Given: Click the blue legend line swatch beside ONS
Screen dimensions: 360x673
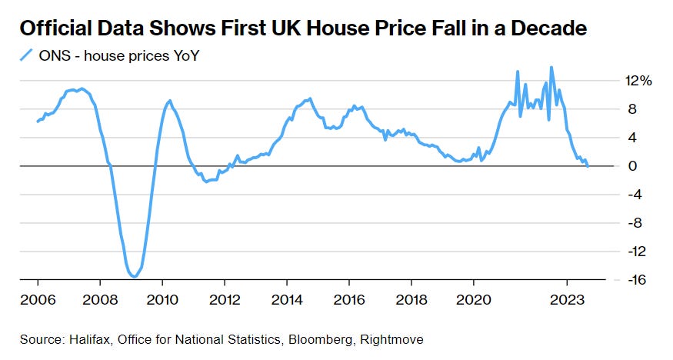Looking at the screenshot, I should click(x=27, y=55).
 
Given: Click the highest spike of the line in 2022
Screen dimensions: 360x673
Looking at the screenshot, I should click(x=551, y=67).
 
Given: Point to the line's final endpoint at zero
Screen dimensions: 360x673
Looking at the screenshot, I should click(x=588, y=165).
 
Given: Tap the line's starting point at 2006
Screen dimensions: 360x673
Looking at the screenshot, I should click(x=37, y=122).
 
